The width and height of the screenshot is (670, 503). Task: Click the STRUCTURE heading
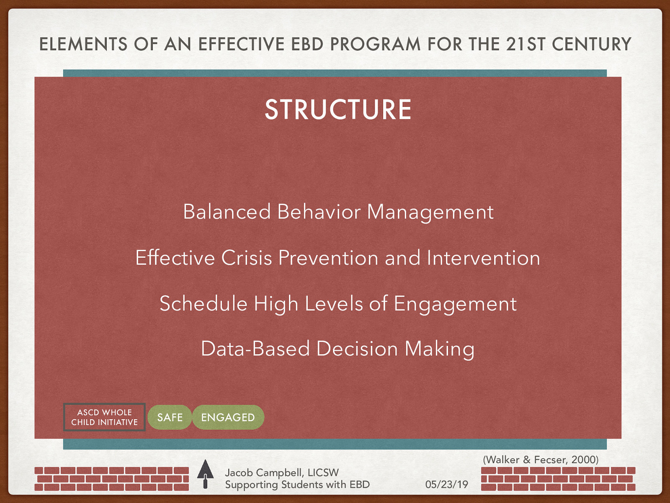point(338,110)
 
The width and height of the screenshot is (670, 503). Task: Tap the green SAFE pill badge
point(170,417)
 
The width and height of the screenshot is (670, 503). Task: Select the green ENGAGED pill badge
point(228,417)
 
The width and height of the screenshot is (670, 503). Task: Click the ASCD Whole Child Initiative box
point(104,417)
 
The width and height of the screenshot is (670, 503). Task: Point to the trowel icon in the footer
point(205,474)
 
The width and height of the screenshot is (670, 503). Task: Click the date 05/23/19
point(446,485)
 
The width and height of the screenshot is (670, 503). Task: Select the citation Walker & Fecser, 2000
point(541,460)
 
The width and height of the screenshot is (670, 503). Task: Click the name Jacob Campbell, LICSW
point(281,472)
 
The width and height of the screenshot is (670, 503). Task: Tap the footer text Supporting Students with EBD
point(297,485)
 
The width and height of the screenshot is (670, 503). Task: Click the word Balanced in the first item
point(227,212)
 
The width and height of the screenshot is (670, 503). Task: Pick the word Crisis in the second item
point(247,258)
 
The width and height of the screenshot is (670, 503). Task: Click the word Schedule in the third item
point(204,303)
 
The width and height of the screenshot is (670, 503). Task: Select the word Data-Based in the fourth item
point(255,349)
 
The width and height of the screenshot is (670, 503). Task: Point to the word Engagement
point(455,304)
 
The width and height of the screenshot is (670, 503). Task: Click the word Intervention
point(483,258)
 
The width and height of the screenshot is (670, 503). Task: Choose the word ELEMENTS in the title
point(83,44)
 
